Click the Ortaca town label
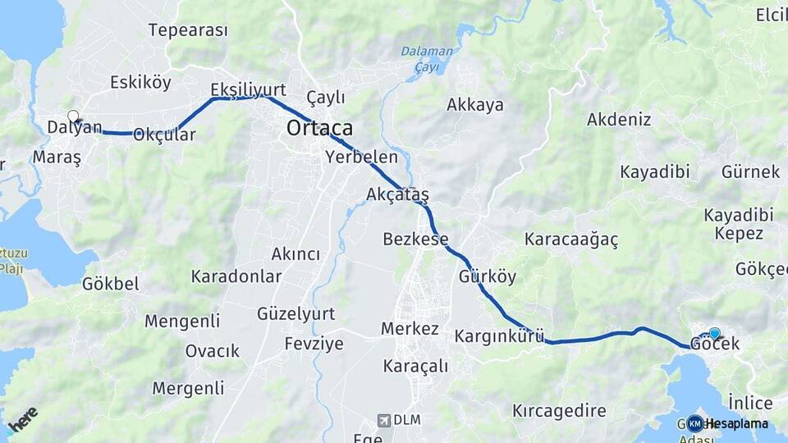319,128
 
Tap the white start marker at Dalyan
73,116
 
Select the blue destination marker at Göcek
714,333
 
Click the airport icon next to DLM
383,420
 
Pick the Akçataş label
397,194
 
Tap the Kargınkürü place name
499,336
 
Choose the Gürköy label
488,276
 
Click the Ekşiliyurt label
247,89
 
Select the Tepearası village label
187,30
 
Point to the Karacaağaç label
571,240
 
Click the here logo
22,418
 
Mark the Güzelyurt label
295,313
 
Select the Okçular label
164,135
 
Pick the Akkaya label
474,105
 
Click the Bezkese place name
415,240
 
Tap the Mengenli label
182,321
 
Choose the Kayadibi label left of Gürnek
654,172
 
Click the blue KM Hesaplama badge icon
694,423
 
